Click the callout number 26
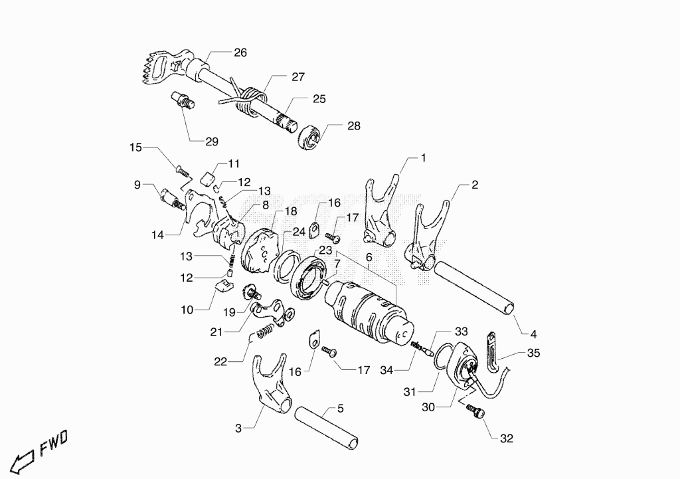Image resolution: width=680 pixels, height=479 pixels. point(240,53)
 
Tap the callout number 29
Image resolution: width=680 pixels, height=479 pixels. point(212,142)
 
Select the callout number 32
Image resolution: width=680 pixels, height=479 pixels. point(507,438)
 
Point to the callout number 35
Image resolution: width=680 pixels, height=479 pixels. point(533,353)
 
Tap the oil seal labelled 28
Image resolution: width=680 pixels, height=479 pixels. point(309,138)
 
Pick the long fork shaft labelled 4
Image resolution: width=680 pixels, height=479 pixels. point(475,288)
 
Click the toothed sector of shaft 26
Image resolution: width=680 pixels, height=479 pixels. point(153,69)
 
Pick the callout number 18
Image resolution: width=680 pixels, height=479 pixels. point(291,212)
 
